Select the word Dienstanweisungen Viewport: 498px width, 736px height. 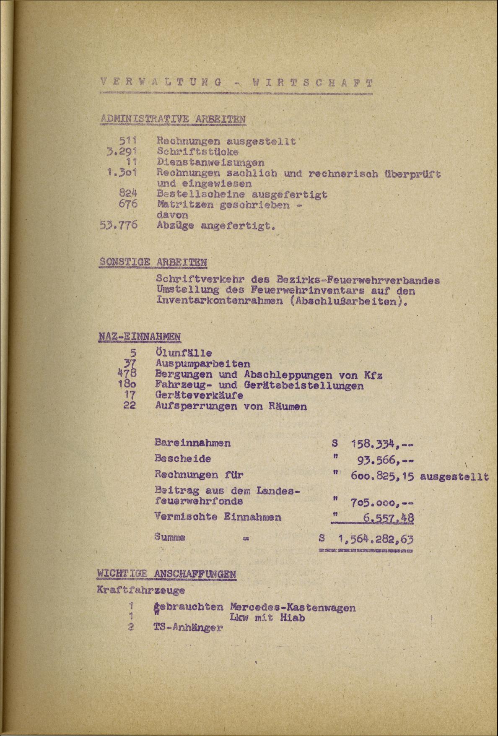pos(210,162)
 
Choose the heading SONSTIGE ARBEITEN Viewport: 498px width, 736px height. pos(153,263)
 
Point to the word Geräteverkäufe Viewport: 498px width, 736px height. pos(199,395)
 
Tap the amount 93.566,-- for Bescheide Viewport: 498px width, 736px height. pos(386,460)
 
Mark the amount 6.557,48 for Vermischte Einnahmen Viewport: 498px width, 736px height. pos(387,518)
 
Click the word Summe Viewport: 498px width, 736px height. pos(170,537)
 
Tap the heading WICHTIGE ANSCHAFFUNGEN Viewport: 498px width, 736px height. pos(166,573)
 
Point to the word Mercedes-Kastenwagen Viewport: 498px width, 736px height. pos(293,607)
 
